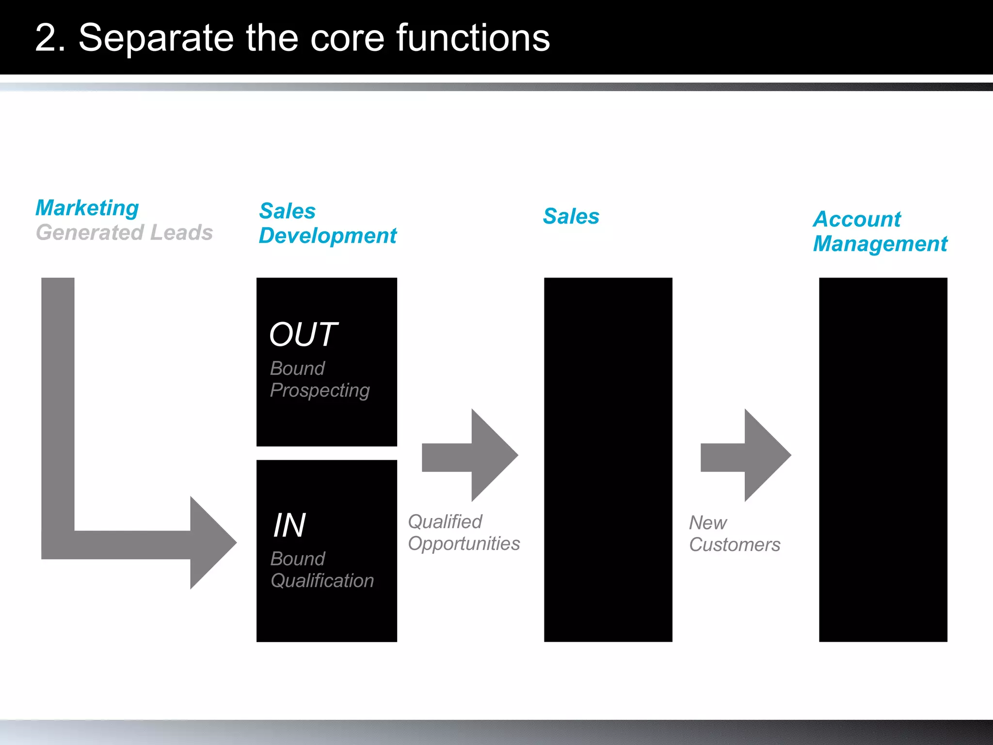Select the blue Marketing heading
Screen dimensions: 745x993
point(87,208)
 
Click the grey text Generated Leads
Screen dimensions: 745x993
point(124,233)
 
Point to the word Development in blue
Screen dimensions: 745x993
point(328,236)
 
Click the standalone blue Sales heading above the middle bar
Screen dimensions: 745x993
point(571,216)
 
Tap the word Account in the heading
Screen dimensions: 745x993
point(857,219)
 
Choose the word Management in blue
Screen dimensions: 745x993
point(880,244)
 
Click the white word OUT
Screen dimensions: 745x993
point(303,335)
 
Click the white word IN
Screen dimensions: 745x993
point(289,525)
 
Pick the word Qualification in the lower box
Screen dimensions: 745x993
point(322,581)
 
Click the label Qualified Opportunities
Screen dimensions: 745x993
point(464,533)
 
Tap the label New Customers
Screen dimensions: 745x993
point(734,534)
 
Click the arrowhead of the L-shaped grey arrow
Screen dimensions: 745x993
point(211,543)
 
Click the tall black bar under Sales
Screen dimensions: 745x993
point(608,459)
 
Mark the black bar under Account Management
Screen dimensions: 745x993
point(883,459)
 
